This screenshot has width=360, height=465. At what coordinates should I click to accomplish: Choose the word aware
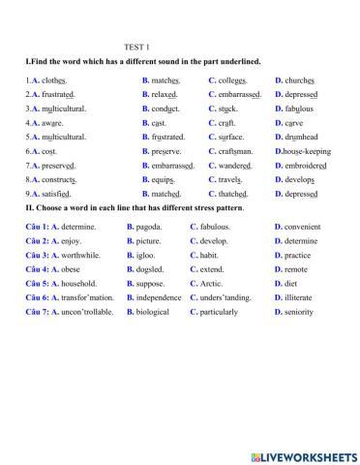45,123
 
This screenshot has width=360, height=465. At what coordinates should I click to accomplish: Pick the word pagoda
150,226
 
